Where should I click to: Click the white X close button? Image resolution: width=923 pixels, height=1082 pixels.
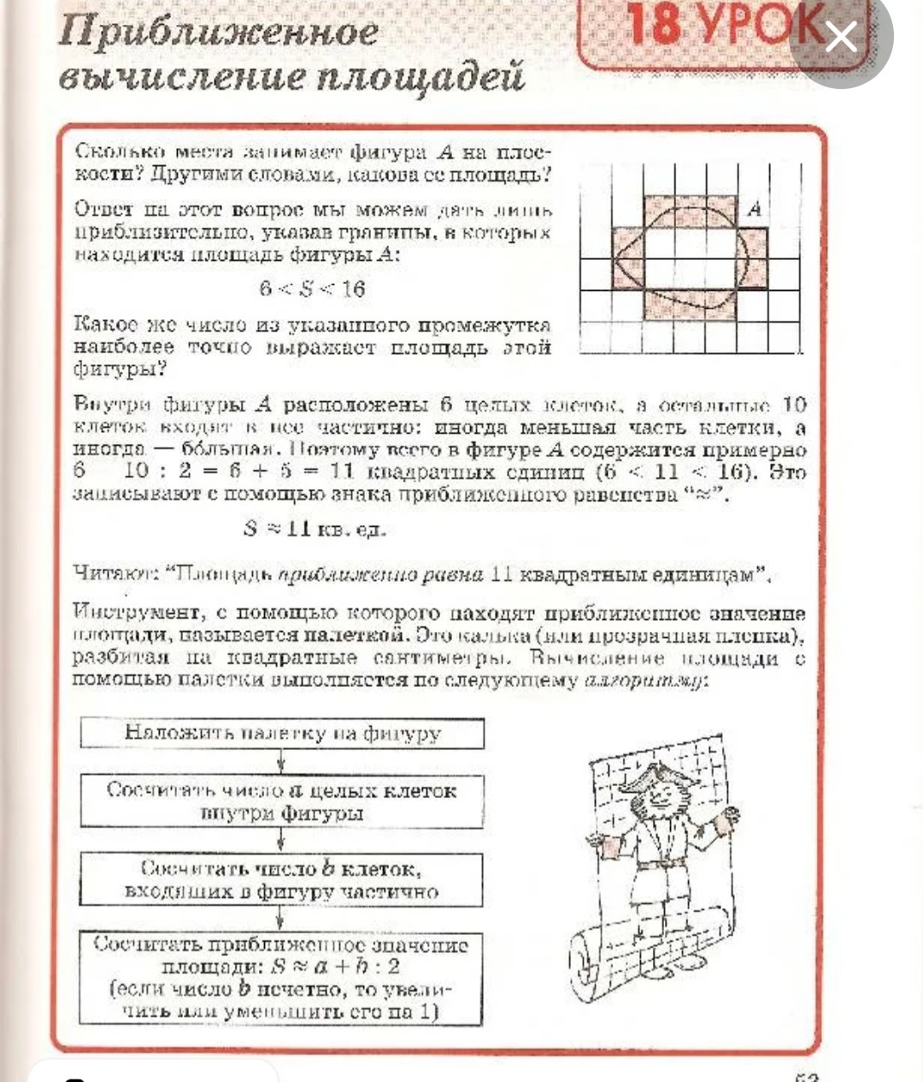(x=841, y=37)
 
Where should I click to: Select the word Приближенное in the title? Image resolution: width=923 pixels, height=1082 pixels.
(x=219, y=33)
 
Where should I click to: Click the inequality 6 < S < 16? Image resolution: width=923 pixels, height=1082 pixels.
(x=313, y=288)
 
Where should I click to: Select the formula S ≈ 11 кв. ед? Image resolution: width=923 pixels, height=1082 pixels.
(x=315, y=529)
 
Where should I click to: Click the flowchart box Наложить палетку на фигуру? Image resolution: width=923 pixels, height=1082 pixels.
(x=282, y=733)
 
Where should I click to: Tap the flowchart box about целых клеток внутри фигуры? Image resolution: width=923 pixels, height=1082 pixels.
(x=282, y=801)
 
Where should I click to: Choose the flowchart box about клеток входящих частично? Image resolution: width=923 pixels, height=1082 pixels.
(x=282, y=879)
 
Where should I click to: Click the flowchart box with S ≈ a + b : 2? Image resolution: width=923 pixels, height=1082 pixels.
(x=282, y=979)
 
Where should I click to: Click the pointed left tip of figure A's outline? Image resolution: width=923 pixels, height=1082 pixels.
(x=616, y=258)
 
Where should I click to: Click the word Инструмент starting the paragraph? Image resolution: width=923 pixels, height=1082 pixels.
(x=138, y=613)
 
